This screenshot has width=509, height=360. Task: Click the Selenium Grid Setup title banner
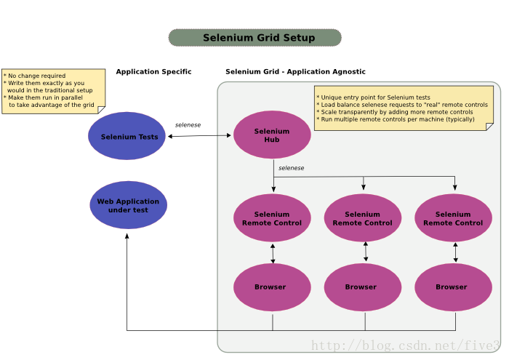point(254,38)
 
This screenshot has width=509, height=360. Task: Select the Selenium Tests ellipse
point(127,136)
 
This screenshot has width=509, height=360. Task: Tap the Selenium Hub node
point(272,135)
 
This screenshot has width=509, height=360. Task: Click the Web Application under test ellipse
point(128,205)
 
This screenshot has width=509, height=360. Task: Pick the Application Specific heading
point(153,72)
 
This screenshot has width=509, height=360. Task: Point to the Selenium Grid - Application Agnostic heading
point(295,72)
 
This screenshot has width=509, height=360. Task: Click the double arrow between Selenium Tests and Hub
point(199,136)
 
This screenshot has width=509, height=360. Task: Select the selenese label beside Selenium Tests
point(188,125)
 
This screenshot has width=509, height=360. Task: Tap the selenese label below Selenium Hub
point(291,168)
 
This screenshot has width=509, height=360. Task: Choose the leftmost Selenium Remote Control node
point(272,218)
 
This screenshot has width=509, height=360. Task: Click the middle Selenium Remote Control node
point(363,218)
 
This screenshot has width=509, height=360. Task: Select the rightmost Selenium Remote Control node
point(453,218)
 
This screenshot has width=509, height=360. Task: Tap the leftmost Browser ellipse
point(272,287)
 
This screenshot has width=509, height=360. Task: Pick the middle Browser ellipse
point(363,287)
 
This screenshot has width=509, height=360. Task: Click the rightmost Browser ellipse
point(453,287)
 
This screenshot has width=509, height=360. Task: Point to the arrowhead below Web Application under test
point(127,236)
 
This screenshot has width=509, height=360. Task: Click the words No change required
point(36,76)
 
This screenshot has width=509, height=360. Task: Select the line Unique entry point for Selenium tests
point(376,97)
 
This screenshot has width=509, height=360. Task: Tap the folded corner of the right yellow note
point(489,127)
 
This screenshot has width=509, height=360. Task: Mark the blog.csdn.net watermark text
point(406,345)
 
